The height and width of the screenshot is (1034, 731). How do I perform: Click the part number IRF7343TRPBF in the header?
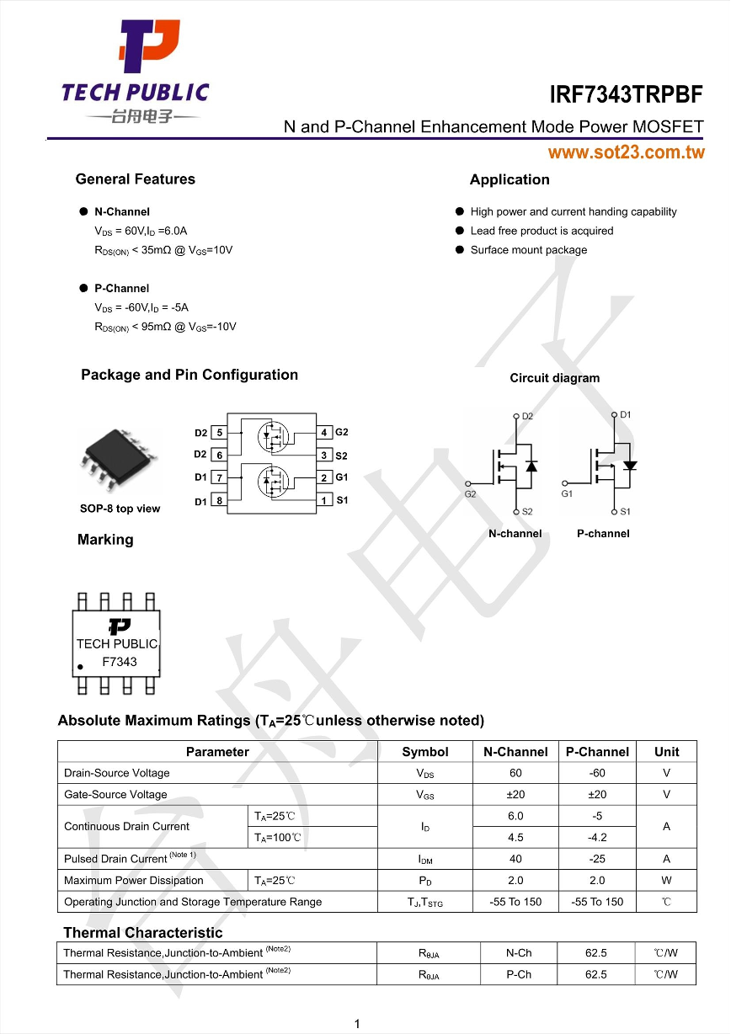[x=626, y=93]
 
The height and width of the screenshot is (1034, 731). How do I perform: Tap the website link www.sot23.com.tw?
[x=626, y=152]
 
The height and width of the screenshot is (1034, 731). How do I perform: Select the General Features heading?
[x=135, y=179]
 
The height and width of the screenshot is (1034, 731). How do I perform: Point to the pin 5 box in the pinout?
[x=219, y=433]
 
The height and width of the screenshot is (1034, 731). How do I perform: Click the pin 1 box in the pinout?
[x=324, y=500]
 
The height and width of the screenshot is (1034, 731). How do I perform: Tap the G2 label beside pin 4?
[x=342, y=432]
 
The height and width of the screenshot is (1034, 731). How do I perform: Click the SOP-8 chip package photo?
[x=119, y=459]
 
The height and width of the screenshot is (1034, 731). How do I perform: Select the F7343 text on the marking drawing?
[x=119, y=662]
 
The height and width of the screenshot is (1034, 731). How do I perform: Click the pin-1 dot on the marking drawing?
[x=81, y=667]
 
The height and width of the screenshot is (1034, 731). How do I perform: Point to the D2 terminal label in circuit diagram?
[x=527, y=416]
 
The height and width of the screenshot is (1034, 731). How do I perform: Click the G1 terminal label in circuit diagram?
[x=567, y=494]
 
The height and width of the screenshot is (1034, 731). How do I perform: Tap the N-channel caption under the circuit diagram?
[x=515, y=534]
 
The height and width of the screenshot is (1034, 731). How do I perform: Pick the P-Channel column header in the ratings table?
[x=597, y=752]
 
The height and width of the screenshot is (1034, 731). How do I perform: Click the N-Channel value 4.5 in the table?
[x=515, y=838]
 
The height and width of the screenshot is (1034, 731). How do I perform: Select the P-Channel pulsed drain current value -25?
[x=597, y=859]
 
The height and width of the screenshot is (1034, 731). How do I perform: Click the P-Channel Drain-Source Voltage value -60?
[x=597, y=773]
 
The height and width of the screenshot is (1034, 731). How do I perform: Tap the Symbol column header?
[x=425, y=752]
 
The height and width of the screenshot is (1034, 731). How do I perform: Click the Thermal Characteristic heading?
[x=143, y=932]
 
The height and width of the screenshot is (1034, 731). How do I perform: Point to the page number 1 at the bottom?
[x=357, y=1024]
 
